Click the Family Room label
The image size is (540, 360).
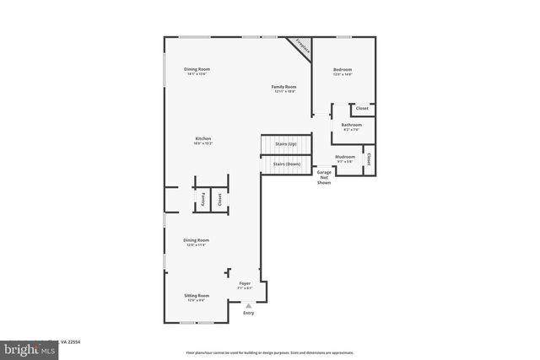coord(283,88)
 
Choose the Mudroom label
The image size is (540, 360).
coord(345,158)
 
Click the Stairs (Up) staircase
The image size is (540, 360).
coord(285,145)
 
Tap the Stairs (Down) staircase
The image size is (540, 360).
coord(287,164)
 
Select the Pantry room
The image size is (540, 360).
coord(203,199)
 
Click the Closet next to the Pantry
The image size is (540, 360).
coord(219,199)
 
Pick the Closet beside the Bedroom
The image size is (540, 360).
coord(362,109)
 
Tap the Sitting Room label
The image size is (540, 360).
coord(197,297)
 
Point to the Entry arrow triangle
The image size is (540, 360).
coord(248,305)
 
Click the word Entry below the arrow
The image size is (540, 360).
coord(248,313)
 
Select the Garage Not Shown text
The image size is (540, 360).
coord(324,177)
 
